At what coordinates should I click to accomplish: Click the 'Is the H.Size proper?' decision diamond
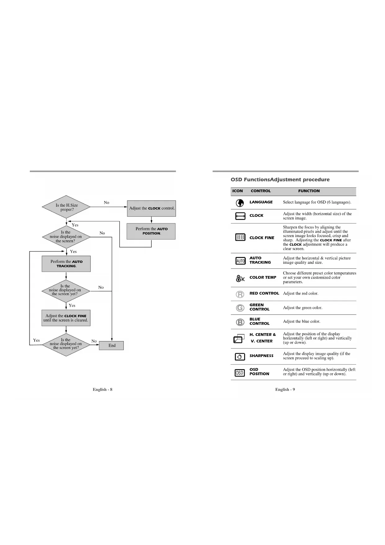click(66, 207)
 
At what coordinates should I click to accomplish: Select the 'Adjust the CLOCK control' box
click(151, 208)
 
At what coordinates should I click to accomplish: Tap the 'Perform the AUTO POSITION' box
click(151, 231)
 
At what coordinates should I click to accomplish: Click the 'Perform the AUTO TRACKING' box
click(66, 264)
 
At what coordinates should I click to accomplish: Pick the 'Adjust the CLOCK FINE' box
click(66, 318)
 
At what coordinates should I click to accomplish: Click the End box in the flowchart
click(111, 346)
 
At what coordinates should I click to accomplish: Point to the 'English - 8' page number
click(102, 389)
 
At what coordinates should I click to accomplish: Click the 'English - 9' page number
click(285, 389)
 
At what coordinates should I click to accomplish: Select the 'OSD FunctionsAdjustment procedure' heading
click(280, 180)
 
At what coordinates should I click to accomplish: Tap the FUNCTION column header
click(309, 191)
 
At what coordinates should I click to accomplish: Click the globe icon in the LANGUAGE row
click(240, 203)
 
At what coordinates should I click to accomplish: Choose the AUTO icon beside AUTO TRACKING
click(240, 261)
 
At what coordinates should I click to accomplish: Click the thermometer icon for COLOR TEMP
click(240, 278)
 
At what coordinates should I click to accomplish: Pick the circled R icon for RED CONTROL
click(240, 294)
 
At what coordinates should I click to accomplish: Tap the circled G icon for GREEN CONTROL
click(240, 308)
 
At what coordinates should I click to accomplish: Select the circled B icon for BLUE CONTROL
click(240, 322)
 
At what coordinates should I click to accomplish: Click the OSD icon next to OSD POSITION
click(240, 373)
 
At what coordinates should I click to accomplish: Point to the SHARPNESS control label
click(261, 356)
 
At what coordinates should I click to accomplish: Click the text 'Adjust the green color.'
click(302, 308)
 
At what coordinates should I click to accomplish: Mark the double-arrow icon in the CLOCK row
click(240, 216)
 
